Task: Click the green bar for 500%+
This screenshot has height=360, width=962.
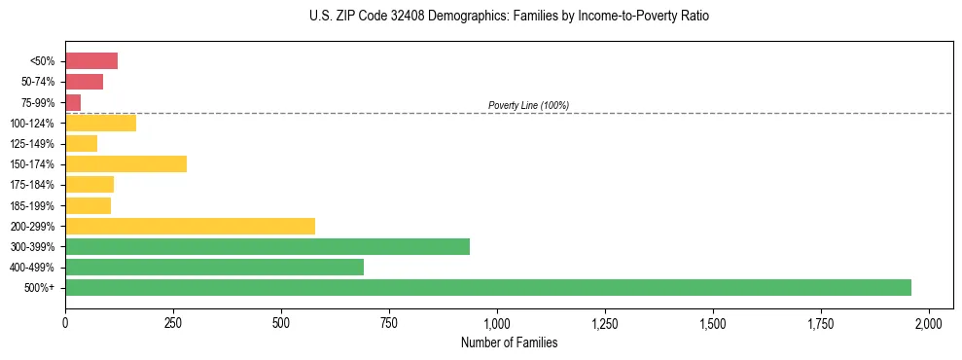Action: pos(487,288)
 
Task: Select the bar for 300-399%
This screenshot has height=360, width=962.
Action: pos(267,247)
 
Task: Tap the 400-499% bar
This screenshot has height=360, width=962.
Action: pos(214,268)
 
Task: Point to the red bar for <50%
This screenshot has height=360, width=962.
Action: pos(91,61)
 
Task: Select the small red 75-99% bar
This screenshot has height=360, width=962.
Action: pos(73,102)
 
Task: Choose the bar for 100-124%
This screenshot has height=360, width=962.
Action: pos(100,124)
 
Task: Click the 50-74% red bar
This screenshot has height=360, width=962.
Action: pos(84,82)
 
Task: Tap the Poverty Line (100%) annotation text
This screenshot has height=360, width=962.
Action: pos(528,105)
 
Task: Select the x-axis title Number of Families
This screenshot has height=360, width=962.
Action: pos(510,342)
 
